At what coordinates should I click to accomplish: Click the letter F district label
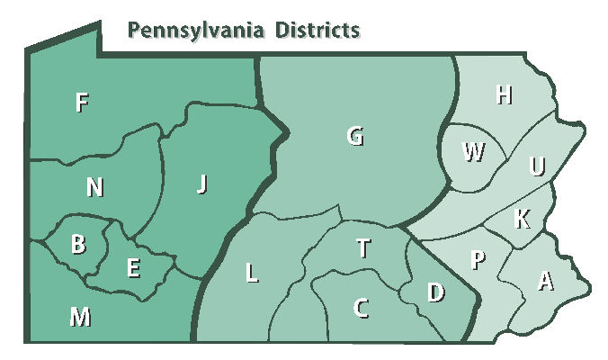tap(81, 103)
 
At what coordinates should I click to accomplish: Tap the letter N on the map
tap(94, 187)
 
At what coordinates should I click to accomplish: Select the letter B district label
tap(78, 245)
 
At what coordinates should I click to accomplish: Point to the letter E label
tap(133, 267)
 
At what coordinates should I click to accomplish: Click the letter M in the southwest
tap(80, 316)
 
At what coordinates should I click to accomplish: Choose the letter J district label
tap(201, 184)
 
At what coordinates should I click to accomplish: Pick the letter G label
tap(355, 137)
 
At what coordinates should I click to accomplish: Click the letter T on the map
tap(362, 248)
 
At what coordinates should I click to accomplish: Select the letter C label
tap(361, 308)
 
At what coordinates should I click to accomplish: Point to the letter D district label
tap(435, 292)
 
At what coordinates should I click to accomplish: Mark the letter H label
tap(504, 95)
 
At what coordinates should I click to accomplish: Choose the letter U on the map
tap(537, 166)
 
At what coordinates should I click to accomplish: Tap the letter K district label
tap(522, 217)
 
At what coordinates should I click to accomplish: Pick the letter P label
tap(478, 260)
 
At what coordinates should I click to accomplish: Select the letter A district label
tap(544, 282)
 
